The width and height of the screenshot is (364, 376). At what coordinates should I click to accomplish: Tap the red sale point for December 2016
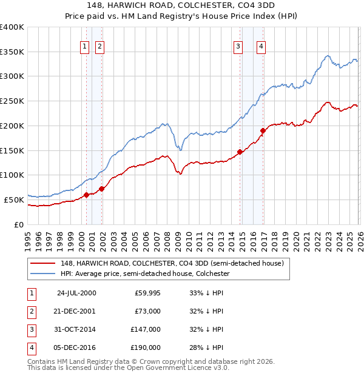(x=263, y=130)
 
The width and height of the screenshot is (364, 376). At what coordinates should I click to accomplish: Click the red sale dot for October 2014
(x=240, y=152)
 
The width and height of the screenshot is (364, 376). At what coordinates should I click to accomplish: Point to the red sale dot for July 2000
(x=86, y=195)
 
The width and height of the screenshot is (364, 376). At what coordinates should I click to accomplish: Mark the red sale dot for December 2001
(x=102, y=189)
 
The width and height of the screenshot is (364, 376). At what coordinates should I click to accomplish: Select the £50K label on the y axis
(x=13, y=200)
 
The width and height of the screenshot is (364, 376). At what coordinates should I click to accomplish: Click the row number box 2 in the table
(x=32, y=311)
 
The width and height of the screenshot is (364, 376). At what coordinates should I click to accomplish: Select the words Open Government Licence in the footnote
(x=179, y=368)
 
